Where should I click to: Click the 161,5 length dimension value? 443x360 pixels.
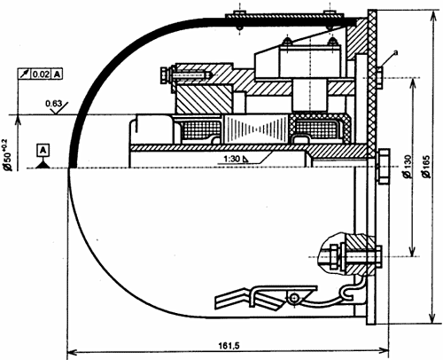tap(229, 346)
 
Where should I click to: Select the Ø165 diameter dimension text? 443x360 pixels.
tap(427, 167)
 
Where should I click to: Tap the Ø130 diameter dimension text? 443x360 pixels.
tap(408, 167)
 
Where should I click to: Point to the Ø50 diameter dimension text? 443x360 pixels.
tap(7, 154)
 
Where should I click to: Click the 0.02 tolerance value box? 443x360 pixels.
tap(41, 74)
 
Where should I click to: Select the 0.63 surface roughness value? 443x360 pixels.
tap(54, 104)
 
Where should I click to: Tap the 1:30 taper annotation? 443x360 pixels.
tap(232, 159)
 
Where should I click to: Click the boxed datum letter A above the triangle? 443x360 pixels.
tap(43, 151)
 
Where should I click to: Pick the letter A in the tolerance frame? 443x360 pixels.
tap(57, 74)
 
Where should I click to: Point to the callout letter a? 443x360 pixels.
tap(396, 52)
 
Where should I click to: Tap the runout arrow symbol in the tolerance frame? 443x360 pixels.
tap(24, 74)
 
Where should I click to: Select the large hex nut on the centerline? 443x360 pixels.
tap(384, 167)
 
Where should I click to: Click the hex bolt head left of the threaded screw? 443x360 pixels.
tap(165, 75)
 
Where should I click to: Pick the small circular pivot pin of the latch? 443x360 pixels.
tap(293, 298)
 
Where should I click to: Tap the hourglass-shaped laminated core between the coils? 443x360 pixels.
tap(256, 129)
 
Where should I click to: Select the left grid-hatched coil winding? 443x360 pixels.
tap(202, 130)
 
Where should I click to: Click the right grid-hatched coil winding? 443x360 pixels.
tap(317, 129)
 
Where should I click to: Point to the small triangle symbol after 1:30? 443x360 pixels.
tap(245, 160)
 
